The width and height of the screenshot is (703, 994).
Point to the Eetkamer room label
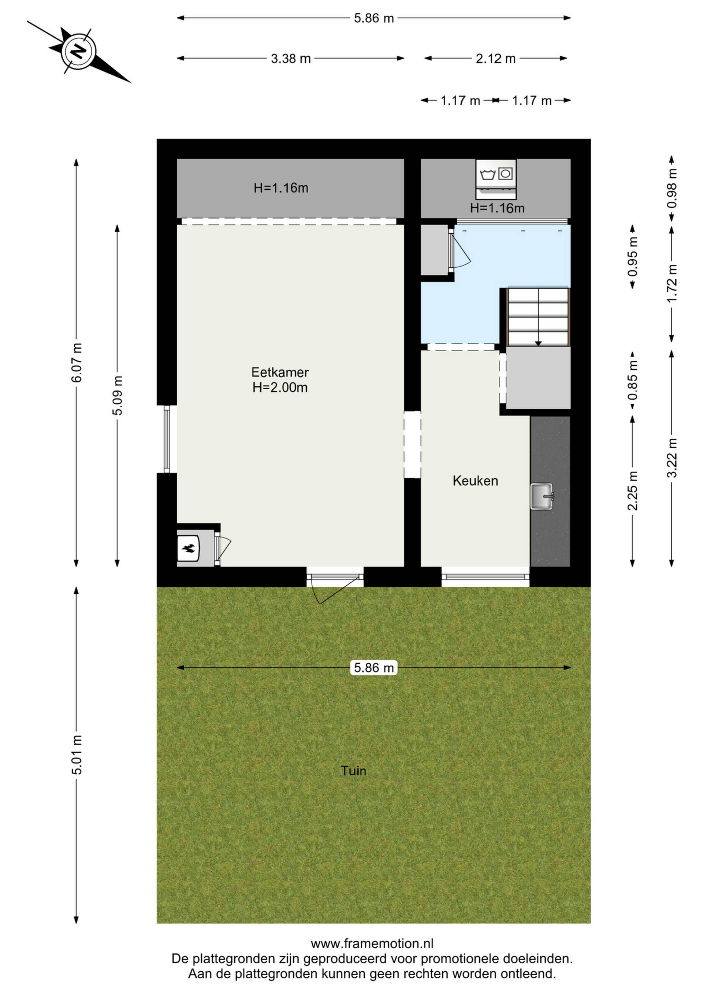280,372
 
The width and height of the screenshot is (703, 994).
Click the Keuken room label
475,481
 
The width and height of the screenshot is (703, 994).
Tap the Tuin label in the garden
353,771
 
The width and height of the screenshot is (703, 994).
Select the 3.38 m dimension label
291,59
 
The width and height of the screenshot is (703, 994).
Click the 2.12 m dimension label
496,59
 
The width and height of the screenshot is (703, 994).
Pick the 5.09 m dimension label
117,395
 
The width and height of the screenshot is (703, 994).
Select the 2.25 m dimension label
632,491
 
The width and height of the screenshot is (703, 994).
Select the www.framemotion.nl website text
372,943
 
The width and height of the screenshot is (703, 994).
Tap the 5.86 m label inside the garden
373,668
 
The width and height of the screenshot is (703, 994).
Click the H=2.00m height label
280,387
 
